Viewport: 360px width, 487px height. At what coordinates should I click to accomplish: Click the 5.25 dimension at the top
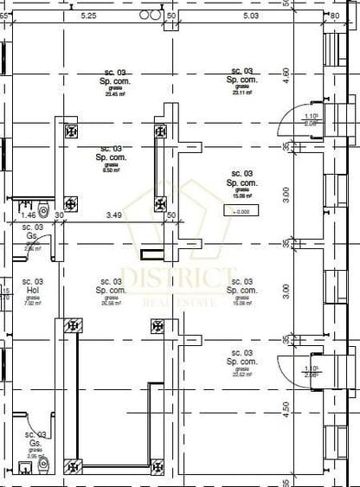[x=88, y=16]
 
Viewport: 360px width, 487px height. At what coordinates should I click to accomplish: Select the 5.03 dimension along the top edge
[x=251, y=16]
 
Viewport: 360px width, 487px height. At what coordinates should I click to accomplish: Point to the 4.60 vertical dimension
[x=286, y=76]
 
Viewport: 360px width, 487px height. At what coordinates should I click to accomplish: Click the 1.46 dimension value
[x=28, y=214]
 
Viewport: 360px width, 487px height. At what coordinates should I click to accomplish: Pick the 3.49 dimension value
[x=113, y=214]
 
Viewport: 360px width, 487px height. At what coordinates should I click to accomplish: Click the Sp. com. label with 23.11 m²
[x=241, y=80]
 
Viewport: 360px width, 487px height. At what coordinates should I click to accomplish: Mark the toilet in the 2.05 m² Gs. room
[x=25, y=468]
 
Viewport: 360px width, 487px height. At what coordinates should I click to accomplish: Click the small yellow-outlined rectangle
[x=153, y=253]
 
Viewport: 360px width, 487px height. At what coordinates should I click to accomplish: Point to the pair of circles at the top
[x=150, y=15]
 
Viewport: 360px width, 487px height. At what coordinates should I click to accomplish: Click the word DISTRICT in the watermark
[x=178, y=279]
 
